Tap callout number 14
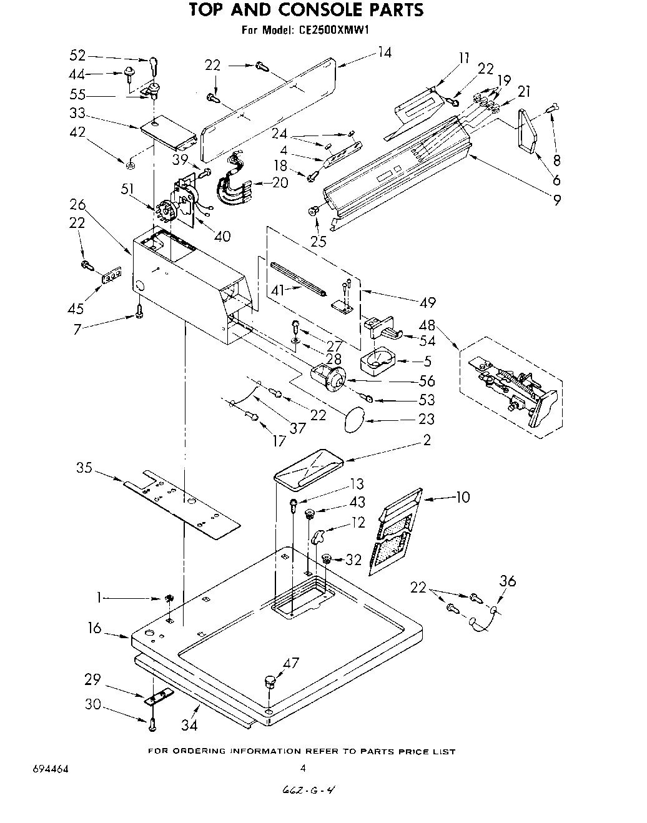coord(384,53)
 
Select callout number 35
coord(85,468)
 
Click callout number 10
coord(463,498)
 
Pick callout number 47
coord(291,663)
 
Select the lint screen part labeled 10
coord(395,531)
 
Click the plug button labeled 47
coord(270,680)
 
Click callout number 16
coord(94,628)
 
